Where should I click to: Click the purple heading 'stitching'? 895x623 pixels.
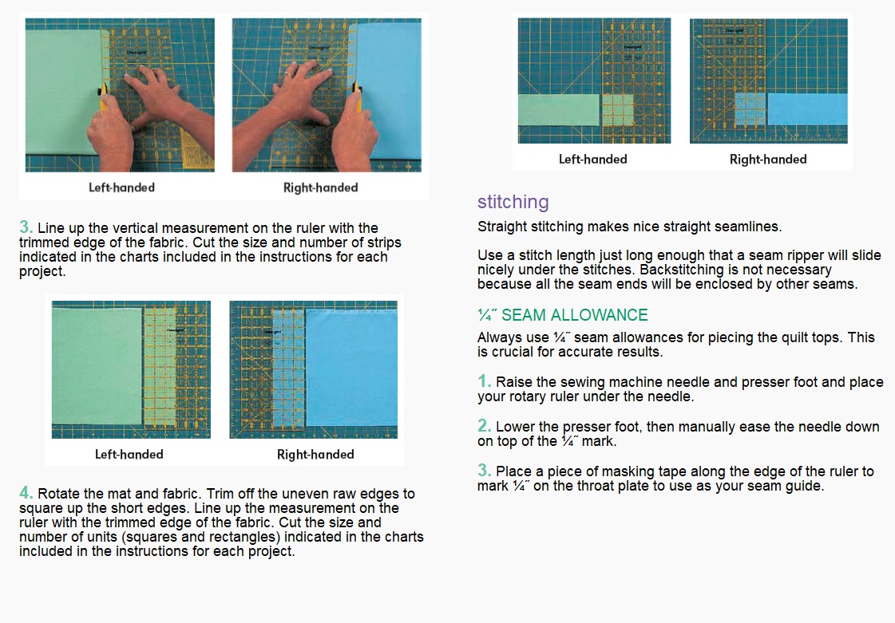513,202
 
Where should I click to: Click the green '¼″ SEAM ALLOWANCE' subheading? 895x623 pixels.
563,315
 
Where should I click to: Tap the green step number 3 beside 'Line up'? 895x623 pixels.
26,227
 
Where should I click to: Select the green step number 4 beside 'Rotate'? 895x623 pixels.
26,492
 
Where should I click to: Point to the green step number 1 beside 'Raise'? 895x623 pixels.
484,381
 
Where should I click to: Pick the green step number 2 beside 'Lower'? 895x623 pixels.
484,425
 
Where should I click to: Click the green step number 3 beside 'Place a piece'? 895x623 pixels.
484,470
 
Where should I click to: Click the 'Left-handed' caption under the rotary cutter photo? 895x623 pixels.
121,187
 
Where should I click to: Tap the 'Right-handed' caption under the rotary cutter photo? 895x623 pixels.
320,187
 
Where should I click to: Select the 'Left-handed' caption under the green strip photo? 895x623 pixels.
129,454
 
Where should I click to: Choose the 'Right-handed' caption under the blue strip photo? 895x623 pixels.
315,455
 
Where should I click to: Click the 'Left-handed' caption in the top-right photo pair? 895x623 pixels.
592,160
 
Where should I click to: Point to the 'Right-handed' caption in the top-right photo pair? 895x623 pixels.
768,160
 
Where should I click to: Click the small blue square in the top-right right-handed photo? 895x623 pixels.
750,109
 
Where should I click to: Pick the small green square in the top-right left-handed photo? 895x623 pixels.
618,109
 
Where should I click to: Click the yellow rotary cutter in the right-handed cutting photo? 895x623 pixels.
358,97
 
